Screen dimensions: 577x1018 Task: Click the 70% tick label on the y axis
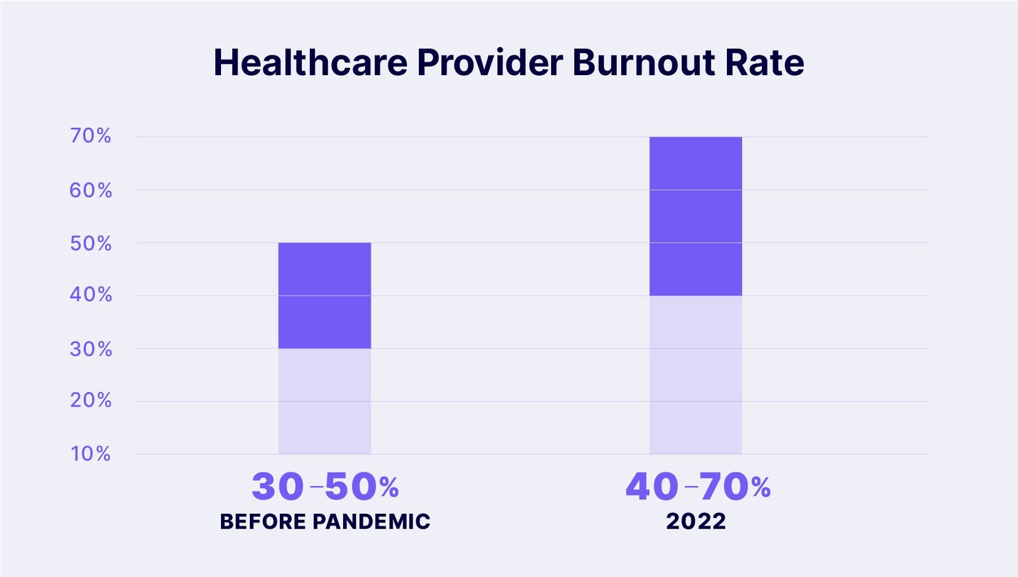(91, 136)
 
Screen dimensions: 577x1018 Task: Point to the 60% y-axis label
(91, 190)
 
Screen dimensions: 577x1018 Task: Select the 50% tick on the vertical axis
(91, 243)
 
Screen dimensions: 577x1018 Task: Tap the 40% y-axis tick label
(91, 295)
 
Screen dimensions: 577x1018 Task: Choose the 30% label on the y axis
(91, 349)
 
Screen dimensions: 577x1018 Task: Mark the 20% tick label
(91, 400)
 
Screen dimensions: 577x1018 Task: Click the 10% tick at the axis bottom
(91, 454)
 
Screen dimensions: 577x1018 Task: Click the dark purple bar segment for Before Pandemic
(324, 295)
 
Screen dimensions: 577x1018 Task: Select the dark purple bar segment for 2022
(696, 216)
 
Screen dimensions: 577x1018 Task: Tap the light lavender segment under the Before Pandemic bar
(324, 401)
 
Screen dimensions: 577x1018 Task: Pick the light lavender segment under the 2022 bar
(696, 375)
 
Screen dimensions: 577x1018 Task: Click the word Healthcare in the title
(311, 63)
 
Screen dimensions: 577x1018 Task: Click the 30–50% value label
(325, 487)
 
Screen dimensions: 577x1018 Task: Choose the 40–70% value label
(697, 487)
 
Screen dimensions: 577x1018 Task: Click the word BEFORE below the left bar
(262, 522)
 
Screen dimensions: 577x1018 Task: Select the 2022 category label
(696, 522)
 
